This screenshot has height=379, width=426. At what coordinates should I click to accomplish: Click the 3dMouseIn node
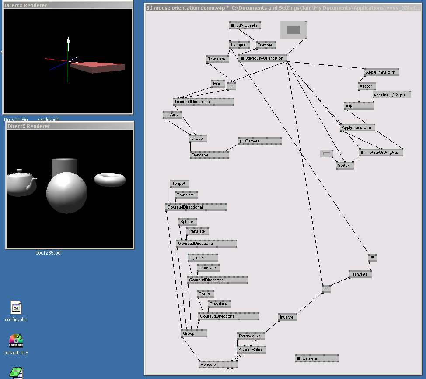pyautogui.click(x=245, y=26)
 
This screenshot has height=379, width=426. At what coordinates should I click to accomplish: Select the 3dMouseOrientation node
pyautogui.click(x=263, y=58)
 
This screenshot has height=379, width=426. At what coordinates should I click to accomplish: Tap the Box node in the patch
pyautogui.click(x=218, y=84)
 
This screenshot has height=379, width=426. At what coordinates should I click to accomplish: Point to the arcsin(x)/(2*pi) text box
pyautogui.click(x=392, y=95)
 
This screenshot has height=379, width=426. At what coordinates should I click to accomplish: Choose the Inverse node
pyautogui.click(x=287, y=317)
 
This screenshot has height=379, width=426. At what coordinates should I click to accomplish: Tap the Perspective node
pyautogui.click(x=251, y=336)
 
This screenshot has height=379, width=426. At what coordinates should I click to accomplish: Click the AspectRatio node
pyautogui.click(x=251, y=350)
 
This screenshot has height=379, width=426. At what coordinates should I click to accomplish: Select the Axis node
pyautogui.click(x=172, y=115)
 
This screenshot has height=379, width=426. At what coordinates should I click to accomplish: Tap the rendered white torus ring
pyautogui.click(x=110, y=179)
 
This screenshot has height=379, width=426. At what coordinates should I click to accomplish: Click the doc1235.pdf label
pyautogui.click(x=49, y=253)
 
